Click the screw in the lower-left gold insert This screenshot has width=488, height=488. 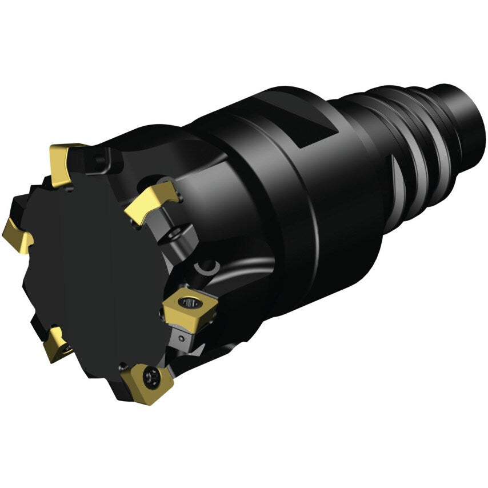pyautogui.click(x=67, y=347)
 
